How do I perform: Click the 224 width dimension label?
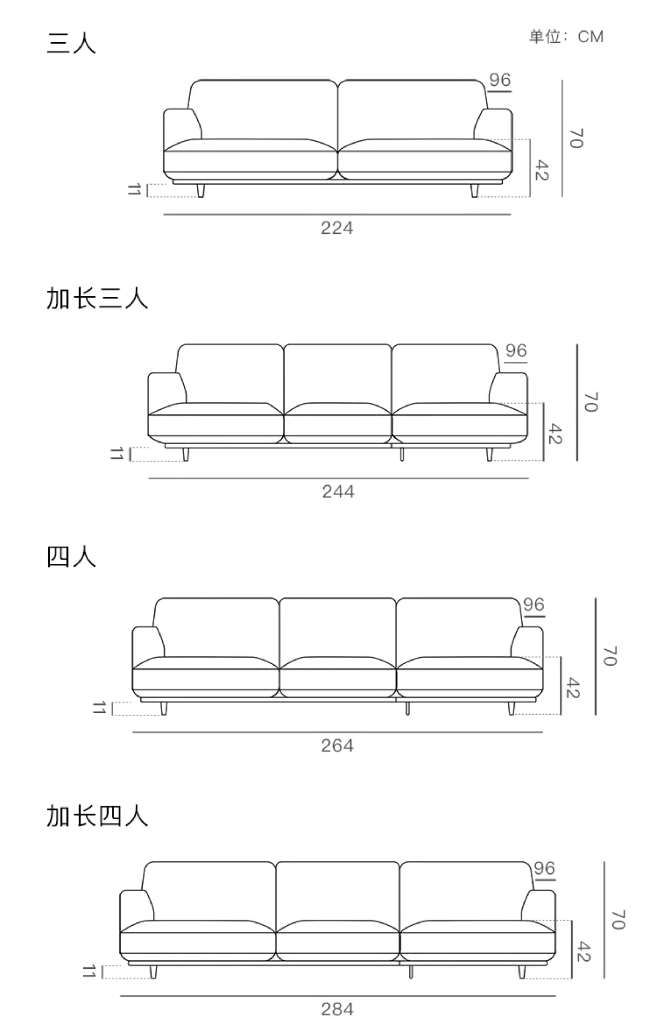tap(337, 228)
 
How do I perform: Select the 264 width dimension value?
tap(337, 746)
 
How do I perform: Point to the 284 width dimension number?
tap(337, 1009)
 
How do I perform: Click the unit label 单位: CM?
tap(566, 37)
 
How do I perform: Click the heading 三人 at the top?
tap(71, 43)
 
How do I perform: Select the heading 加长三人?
tap(97, 298)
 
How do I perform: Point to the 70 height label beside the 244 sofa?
tap(591, 402)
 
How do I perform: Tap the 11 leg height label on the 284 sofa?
tap(89, 972)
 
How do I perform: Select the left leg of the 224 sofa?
tap(201, 191)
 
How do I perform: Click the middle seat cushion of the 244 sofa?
tap(338, 425)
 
